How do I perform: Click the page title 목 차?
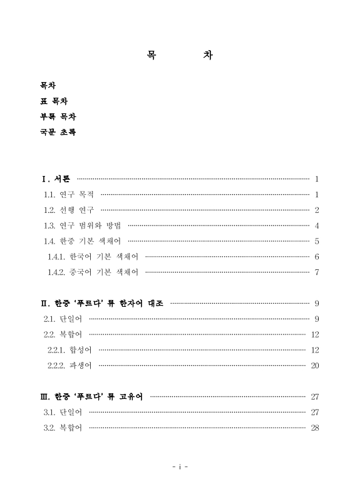[x=179, y=56]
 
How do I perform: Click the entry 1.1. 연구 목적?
[x=69, y=195]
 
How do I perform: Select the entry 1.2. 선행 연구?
[x=69, y=210]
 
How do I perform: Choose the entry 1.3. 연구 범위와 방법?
[x=83, y=225]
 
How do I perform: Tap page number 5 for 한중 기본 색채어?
[x=317, y=241]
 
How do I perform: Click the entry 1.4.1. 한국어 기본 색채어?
[x=93, y=257]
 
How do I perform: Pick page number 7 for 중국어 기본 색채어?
[x=317, y=272]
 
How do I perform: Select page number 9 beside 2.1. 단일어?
[x=317, y=319]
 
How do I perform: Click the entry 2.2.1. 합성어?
[x=70, y=350]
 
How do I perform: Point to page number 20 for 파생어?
[x=315, y=366]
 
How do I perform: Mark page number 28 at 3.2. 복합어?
[x=315, y=428]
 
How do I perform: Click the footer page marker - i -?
[x=180, y=467]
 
